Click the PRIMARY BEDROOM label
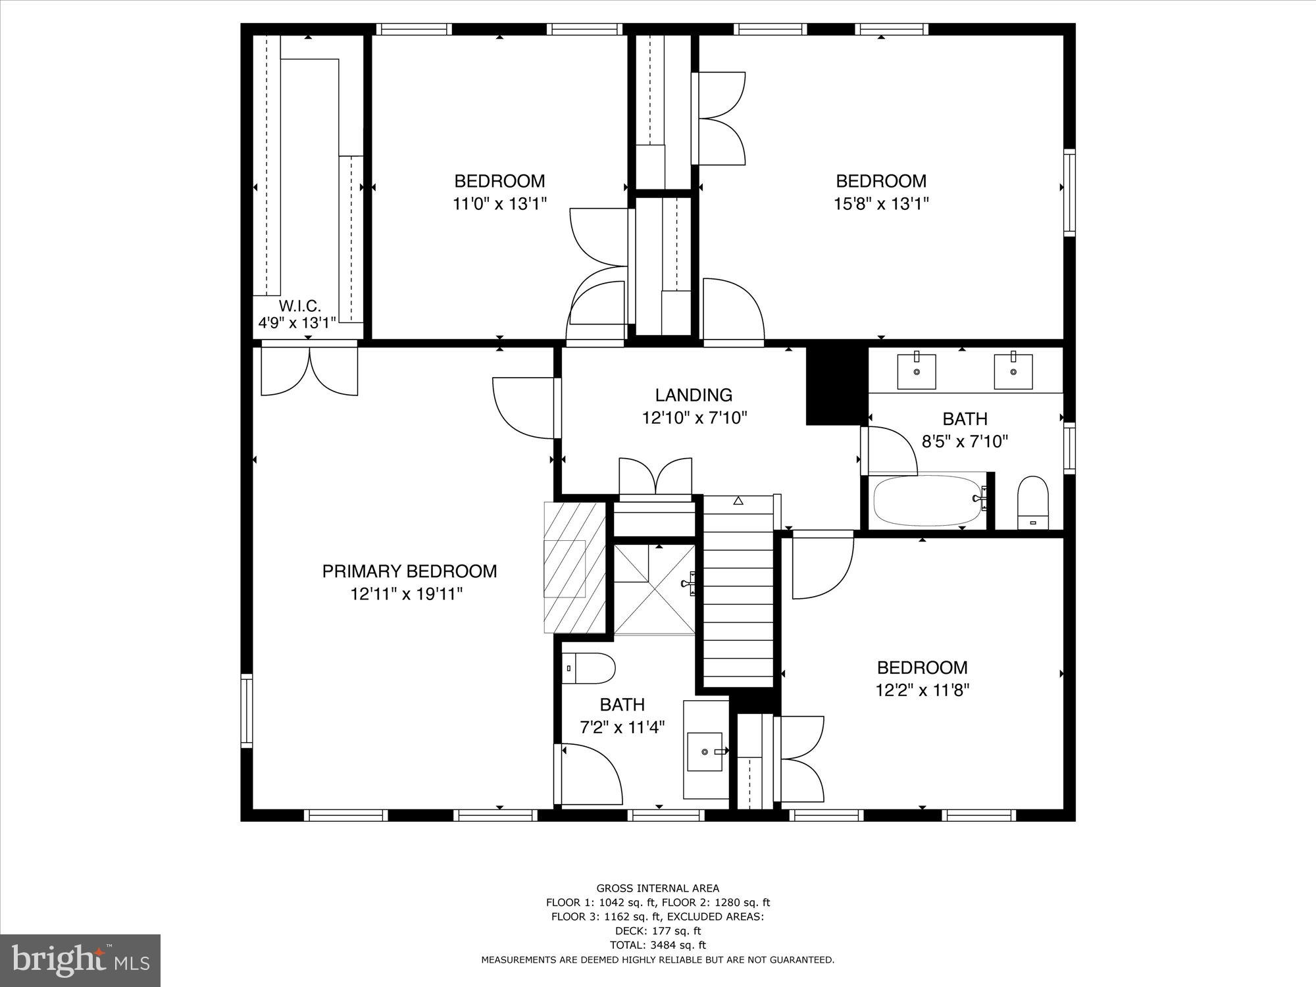409,571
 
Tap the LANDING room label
694,395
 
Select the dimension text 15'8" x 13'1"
881,203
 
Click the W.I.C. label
300,306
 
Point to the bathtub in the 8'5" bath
927,500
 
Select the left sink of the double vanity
917,371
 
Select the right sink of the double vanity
1013,371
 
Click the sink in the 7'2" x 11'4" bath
705,751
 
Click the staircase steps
738,592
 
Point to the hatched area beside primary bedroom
574,567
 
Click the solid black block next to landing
834,386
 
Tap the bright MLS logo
80,961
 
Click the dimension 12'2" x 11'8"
922,690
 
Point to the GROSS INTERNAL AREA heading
657,888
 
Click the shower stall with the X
654,589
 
